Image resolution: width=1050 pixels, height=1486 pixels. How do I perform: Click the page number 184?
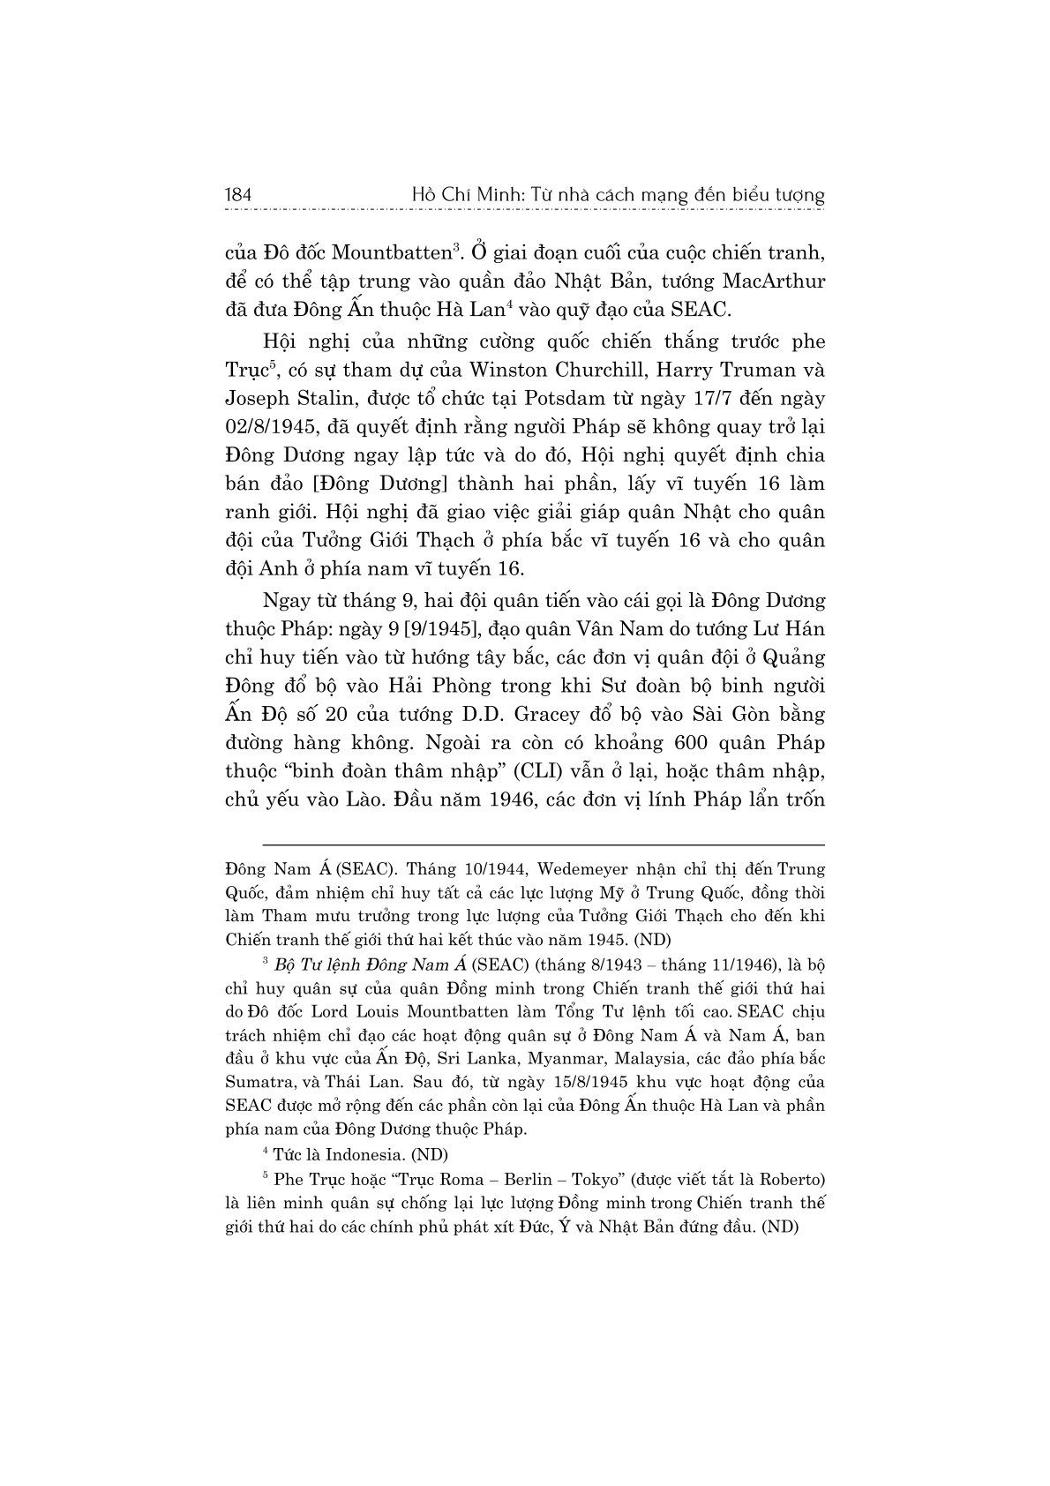[239, 195]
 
